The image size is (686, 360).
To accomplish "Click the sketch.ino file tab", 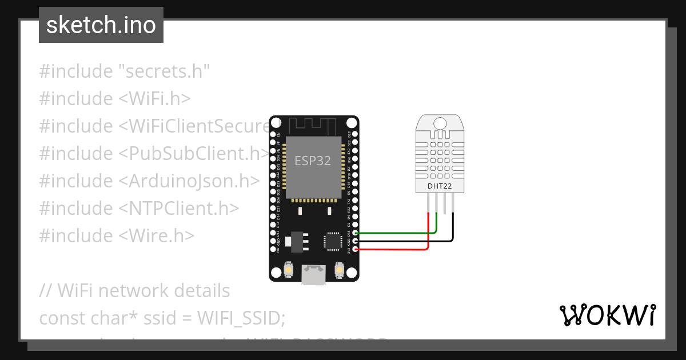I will [101, 25].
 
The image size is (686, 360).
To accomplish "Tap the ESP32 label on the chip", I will [312, 161].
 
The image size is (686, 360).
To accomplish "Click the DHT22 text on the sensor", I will [440, 186].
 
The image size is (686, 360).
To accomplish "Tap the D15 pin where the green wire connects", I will [356, 233].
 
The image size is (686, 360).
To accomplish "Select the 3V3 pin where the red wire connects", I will [356, 250].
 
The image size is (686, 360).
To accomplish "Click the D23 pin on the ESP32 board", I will [356, 134].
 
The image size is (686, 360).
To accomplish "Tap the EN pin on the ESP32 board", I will [273, 134].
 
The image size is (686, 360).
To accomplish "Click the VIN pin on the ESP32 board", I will [273, 250].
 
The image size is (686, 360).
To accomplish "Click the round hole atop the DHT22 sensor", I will [440, 123].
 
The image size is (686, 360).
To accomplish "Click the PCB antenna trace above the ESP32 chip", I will [313, 126].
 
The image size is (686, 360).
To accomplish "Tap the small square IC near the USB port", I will [333, 241].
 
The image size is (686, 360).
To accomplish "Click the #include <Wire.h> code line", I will [117, 235].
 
